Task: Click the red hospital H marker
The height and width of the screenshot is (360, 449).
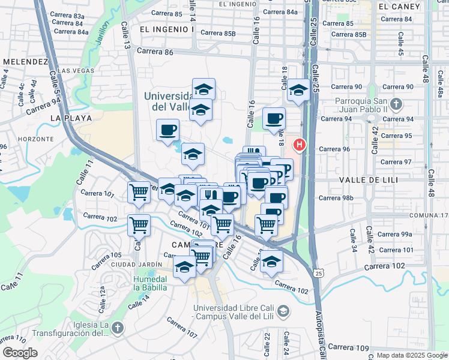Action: (299, 145)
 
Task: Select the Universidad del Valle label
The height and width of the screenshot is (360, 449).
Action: (168, 101)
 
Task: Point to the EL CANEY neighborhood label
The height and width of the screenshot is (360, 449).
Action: (395, 6)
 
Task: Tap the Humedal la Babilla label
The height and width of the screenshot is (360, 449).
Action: (150, 283)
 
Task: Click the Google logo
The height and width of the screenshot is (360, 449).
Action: (20, 353)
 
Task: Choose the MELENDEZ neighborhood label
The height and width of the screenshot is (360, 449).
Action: (25, 62)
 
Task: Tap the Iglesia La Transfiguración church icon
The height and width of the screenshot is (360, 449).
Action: (117, 328)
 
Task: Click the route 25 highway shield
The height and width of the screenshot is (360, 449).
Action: (319, 273)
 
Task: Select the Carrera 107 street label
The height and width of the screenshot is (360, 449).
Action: (183, 329)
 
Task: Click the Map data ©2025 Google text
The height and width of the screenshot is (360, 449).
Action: (411, 355)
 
